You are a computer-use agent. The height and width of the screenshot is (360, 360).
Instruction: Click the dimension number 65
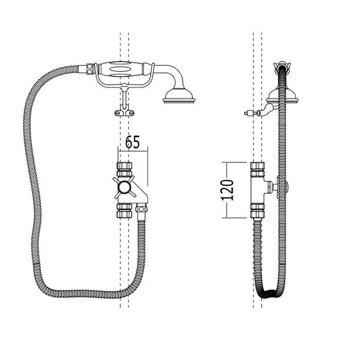[x=133, y=142]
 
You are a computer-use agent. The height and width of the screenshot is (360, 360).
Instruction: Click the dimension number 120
[x=227, y=190]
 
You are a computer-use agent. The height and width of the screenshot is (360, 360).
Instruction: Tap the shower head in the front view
[x=179, y=96]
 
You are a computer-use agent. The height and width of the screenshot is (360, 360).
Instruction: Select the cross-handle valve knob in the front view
[x=124, y=188]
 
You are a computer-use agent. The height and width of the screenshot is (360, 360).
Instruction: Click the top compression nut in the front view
[x=124, y=169]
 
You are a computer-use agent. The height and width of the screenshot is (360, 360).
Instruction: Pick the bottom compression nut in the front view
[x=124, y=210]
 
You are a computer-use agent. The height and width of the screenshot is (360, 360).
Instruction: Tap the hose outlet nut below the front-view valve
[x=141, y=209]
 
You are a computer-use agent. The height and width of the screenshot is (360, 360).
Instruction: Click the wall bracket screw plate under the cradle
[x=124, y=113]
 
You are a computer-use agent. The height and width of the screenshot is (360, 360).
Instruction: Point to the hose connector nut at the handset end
[x=90, y=68]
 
